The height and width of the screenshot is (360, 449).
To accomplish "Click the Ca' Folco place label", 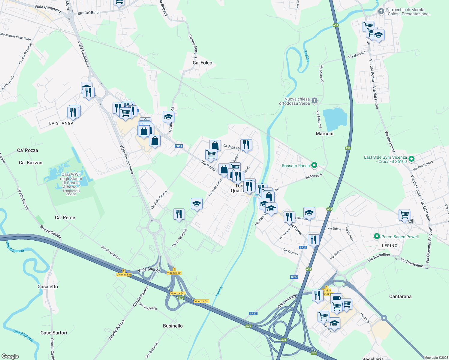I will tap(202, 63).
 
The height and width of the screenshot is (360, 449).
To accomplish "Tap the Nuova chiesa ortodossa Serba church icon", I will tap(315, 101).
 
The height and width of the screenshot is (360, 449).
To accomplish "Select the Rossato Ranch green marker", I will tap(314, 165).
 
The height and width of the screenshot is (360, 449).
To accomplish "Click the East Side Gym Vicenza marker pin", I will tap(411, 159).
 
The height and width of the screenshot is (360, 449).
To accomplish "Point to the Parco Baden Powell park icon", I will tap(377, 237).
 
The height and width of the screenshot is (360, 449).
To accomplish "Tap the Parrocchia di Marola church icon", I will tap(381, 11).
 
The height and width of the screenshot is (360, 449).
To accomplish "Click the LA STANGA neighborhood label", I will tap(61, 123).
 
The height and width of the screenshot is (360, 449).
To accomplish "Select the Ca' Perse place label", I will tap(65, 217).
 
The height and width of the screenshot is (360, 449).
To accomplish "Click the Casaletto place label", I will tap(48, 286).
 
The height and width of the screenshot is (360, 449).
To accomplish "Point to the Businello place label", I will tap(173, 326).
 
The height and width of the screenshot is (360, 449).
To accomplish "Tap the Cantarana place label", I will tap(400, 296).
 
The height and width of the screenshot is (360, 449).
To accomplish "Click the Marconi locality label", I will tap(324, 133).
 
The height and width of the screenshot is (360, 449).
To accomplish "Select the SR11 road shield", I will tap(179, 146).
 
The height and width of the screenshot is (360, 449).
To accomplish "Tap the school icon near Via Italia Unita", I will tap(197, 204).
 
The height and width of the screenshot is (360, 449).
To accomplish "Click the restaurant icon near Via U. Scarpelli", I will tap(179, 214).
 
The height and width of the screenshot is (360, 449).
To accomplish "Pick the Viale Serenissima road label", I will tap(126, 159).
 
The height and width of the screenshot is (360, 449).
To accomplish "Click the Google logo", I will tap(10, 356).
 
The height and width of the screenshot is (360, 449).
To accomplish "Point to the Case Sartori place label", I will tap(54, 333).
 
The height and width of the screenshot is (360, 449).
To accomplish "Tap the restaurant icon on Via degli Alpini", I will tap(246, 145).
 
